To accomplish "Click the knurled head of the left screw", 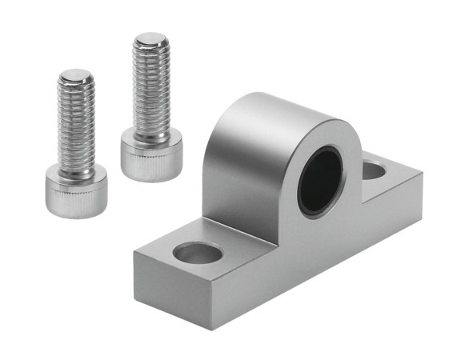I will pos(75,191).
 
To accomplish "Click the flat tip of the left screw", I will pos(77,77).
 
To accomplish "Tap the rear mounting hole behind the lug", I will pos(374,169).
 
